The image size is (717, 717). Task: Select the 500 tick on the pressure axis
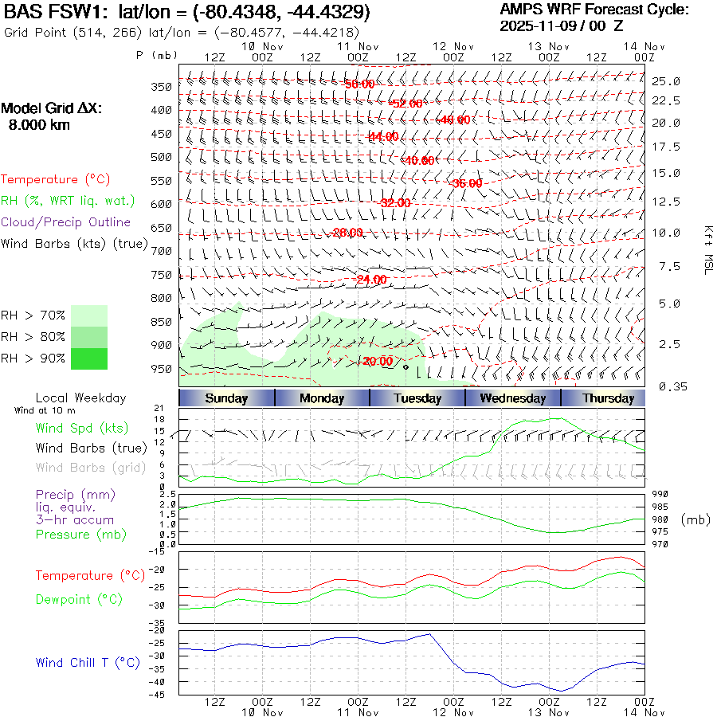click(162, 157)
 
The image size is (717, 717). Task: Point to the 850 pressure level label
click(162, 322)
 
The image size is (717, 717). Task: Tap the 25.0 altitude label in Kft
click(666, 81)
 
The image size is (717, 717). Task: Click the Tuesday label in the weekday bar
click(417, 398)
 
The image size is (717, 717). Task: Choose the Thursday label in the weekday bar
click(608, 398)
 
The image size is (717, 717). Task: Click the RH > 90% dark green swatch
click(89, 358)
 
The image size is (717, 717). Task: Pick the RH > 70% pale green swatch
click(89, 315)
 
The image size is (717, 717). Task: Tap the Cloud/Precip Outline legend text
click(65, 222)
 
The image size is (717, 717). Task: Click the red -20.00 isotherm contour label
click(377, 361)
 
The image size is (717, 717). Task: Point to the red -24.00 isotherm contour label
click(370, 280)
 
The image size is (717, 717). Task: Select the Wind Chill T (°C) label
click(88, 662)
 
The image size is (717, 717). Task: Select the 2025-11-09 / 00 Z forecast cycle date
click(562, 25)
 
